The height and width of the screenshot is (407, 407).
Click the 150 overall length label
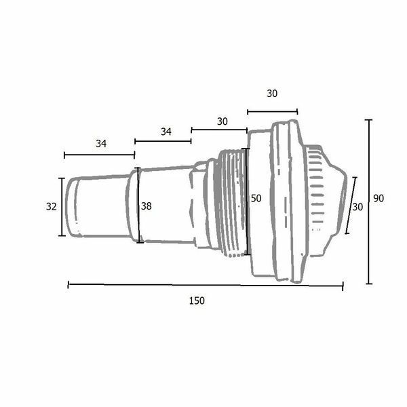tap(197, 301)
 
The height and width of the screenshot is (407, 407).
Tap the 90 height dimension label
tap(379, 199)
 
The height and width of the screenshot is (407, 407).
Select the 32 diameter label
tap(51, 207)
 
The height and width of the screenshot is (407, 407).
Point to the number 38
tap(146, 206)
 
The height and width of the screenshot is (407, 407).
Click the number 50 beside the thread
tap(256, 199)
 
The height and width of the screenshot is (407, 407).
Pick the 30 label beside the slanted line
tap(357, 207)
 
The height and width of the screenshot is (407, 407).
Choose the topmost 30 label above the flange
tap(272, 94)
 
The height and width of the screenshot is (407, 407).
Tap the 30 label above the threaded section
tap(222, 121)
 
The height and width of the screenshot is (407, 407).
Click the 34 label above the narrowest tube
tap(101, 144)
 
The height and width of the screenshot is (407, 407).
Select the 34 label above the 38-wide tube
tap(166, 132)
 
